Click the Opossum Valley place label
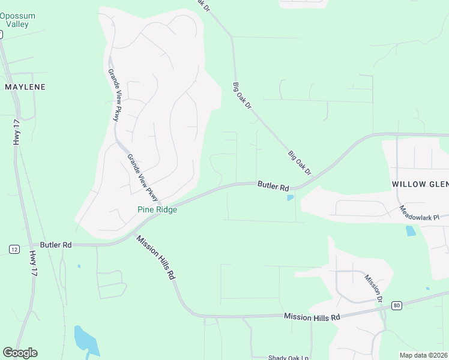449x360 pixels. pyautogui.click(x=17, y=20)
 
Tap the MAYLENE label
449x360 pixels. pyautogui.click(x=25, y=87)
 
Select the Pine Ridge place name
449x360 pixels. pyautogui.click(x=157, y=210)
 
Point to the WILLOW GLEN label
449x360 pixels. pyautogui.click(x=420, y=184)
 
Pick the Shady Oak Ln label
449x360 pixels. pyautogui.click(x=288, y=358)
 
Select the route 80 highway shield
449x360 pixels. pyautogui.click(x=397, y=305)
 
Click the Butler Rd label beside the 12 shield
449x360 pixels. pyautogui.click(x=56, y=245)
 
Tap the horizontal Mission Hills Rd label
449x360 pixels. pyautogui.click(x=312, y=316)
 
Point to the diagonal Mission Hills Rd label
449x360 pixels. pyautogui.click(x=155, y=257)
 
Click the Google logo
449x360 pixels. pyautogui.click(x=20, y=353)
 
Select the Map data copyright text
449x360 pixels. pyautogui.click(x=423, y=355)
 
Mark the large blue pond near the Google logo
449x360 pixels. pyautogui.click(x=86, y=340)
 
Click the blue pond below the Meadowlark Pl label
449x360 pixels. pyautogui.click(x=411, y=230)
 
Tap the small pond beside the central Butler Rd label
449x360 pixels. pyautogui.click(x=291, y=197)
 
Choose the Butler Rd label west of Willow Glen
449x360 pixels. pyautogui.click(x=273, y=186)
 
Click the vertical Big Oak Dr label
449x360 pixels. pyautogui.click(x=242, y=96)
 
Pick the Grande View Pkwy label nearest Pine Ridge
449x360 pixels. pyautogui.click(x=143, y=178)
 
